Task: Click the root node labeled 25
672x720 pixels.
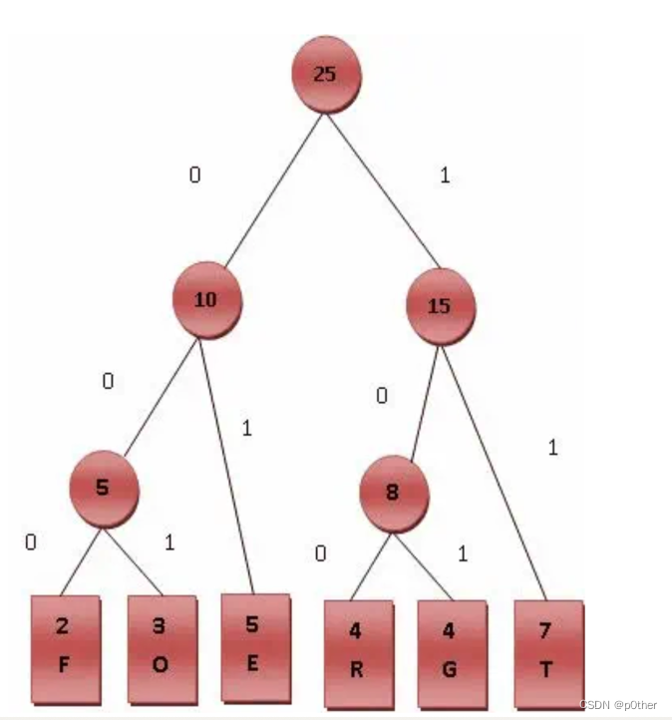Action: point(325,74)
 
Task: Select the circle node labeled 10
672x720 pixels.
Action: point(206,297)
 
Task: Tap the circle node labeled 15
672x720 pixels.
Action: point(441,306)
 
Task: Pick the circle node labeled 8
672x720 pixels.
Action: point(395,493)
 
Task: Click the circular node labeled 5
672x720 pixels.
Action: point(104,489)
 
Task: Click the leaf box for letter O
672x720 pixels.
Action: point(162,649)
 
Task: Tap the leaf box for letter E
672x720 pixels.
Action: point(254,646)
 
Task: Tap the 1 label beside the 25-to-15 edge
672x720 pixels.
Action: point(445,176)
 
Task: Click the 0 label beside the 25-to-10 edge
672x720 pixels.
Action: point(195,176)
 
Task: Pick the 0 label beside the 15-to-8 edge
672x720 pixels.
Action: point(381,396)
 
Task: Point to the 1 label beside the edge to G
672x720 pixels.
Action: point(463,553)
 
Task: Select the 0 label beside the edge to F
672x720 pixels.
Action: point(31,543)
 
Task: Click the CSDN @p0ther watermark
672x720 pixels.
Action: point(618,705)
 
